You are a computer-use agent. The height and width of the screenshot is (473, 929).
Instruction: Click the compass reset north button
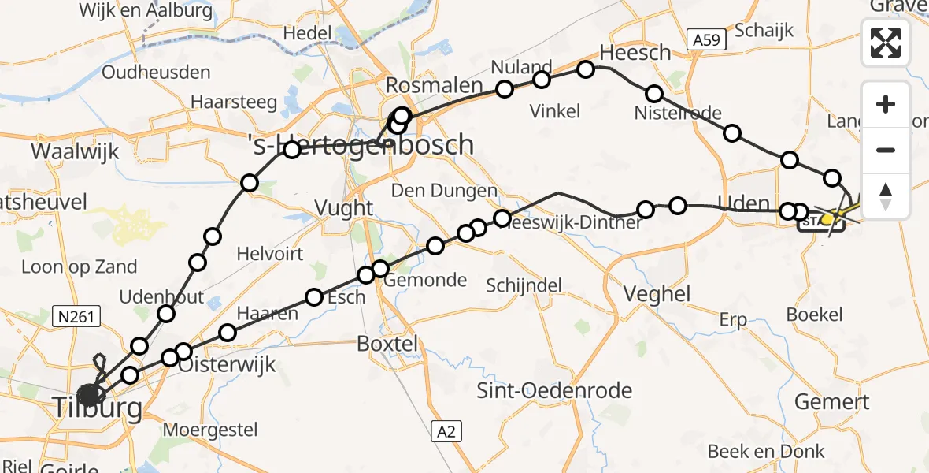point(886,196)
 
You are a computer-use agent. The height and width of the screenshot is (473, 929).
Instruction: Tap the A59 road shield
point(703,40)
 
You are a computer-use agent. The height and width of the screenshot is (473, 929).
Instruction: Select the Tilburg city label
point(98,408)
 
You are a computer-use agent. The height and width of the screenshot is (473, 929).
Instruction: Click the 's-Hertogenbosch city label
point(360,145)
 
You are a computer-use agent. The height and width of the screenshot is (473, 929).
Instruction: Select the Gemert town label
point(831,401)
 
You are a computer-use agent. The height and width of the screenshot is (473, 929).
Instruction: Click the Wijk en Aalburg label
point(146,11)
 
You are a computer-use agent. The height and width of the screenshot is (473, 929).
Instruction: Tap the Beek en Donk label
point(765,451)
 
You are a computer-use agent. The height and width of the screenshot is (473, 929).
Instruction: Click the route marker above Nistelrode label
point(653,94)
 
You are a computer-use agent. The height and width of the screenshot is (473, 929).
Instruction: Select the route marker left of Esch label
point(314,297)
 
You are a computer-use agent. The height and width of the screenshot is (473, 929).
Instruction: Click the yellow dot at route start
point(827,218)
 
